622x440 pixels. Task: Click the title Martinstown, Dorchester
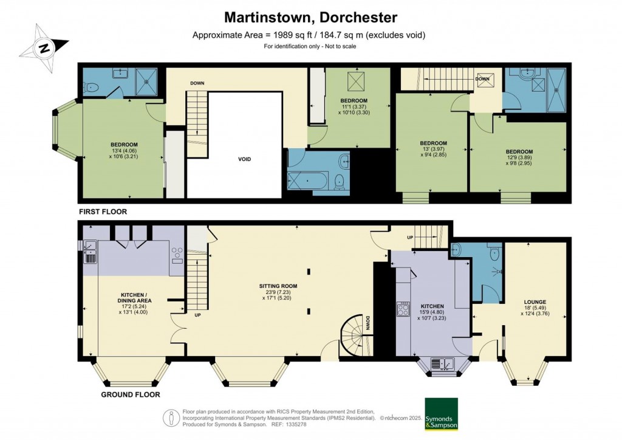tap(310, 17)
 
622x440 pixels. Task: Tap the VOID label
tap(244, 159)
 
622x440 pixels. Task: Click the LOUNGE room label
tap(535, 302)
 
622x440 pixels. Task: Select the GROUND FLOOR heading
tap(131, 394)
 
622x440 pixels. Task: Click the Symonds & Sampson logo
tap(440, 414)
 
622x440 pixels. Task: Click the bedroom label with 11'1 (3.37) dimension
tap(354, 100)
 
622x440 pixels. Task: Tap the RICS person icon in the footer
tap(171, 418)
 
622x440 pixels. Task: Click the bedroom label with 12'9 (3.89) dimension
tap(519, 152)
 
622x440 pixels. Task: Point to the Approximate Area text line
tap(309, 35)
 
